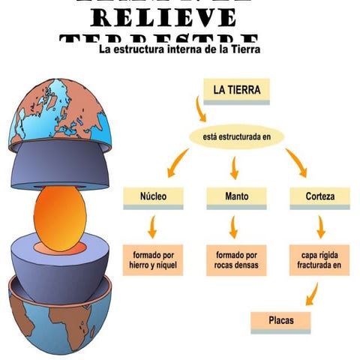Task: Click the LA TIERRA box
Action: (x=236, y=90)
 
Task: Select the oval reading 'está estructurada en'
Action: (x=236, y=136)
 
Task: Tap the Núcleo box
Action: (x=153, y=197)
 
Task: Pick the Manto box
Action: (x=236, y=197)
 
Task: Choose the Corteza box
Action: (x=320, y=197)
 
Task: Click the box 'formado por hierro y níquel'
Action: (x=153, y=259)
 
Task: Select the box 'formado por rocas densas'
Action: (x=236, y=259)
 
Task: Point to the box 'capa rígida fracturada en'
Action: (x=320, y=259)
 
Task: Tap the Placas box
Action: (x=280, y=321)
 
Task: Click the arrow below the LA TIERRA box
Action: (x=200, y=110)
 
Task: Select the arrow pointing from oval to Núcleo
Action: (x=178, y=162)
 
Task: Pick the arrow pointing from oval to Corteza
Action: (x=295, y=162)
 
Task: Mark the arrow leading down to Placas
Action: (x=313, y=293)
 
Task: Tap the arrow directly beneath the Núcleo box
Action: (x=153, y=226)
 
